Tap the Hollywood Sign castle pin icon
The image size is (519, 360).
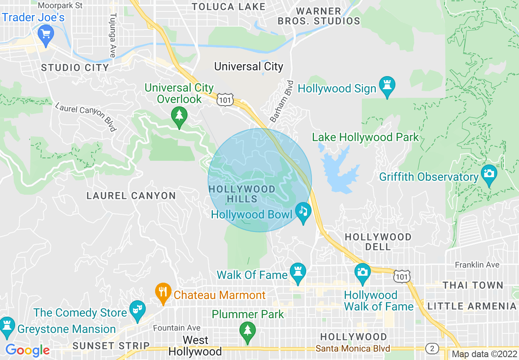coord(387,86)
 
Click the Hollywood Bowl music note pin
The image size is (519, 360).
coord(303,212)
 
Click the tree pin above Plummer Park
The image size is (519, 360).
coord(247,331)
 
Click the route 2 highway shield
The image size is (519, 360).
coord(432,349)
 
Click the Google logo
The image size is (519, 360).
coord(27,350)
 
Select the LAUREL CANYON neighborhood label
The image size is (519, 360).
coord(131,196)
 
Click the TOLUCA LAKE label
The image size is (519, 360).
coord(228,7)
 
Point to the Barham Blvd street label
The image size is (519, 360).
coord(282,101)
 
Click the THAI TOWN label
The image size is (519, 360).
coord(473,285)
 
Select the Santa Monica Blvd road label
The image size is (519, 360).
coord(352,349)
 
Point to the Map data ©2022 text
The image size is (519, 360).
coord(484,354)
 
